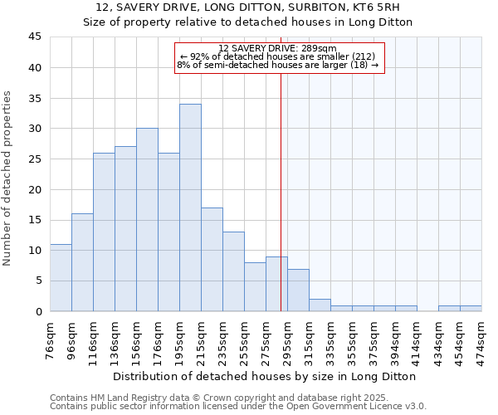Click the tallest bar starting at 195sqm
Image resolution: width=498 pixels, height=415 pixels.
190,207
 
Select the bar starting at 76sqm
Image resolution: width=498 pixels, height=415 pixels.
61,278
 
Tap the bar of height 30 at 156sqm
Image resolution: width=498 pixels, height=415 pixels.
147,220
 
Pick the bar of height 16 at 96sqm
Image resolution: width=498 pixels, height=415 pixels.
82,262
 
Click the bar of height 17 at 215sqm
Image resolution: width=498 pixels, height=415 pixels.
212,259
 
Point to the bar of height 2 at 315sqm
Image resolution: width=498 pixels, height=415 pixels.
320,305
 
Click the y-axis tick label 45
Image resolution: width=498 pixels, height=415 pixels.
35,37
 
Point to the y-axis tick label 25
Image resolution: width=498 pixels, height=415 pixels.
35,159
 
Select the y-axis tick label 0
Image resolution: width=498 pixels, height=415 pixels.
38,311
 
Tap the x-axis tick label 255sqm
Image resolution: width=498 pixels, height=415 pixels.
245,340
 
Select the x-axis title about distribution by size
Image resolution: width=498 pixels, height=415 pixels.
266,376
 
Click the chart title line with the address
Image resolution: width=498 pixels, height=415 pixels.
247,7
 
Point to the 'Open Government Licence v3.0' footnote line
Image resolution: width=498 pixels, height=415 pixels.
238,407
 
